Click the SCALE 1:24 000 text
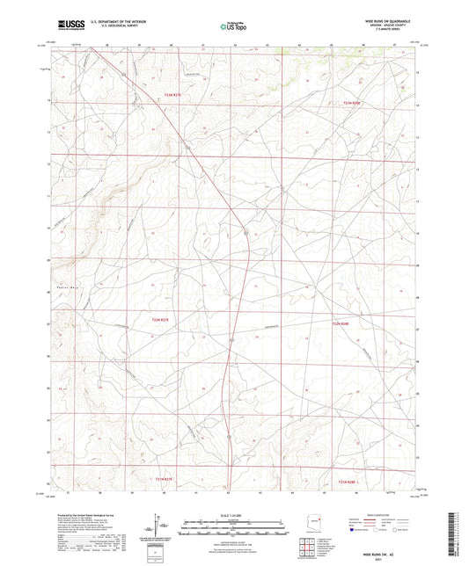point(233,514)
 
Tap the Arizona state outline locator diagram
point(316,524)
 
